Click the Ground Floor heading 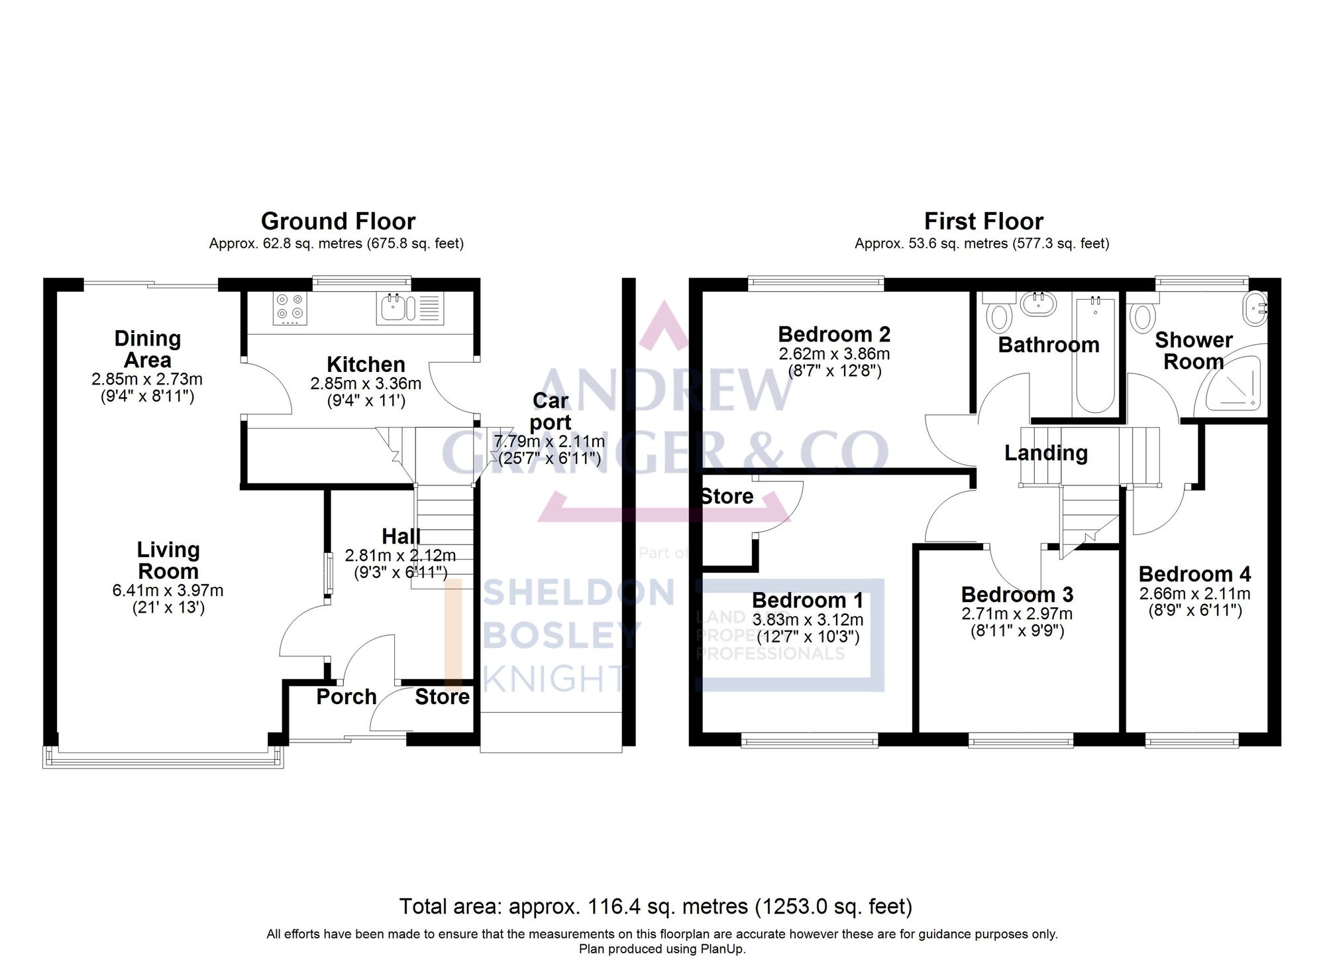[x=338, y=221]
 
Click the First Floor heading [x=983, y=221]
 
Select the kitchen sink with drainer [x=410, y=308]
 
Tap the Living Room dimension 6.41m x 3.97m [x=168, y=590]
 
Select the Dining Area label [x=147, y=349]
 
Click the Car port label [x=551, y=411]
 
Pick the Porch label [x=346, y=697]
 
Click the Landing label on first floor [x=1045, y=453]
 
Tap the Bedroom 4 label [x=1194, y=573]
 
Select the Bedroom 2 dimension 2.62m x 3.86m [x=834, y=353]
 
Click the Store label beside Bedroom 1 [x=727, y=496]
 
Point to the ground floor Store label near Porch [x=442, y=697]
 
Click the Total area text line [x=655, y=906]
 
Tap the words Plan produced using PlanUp [x=662, y=949]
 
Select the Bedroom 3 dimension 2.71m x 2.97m [x=1017, y=614]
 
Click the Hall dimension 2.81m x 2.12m [x=400, y=555]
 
